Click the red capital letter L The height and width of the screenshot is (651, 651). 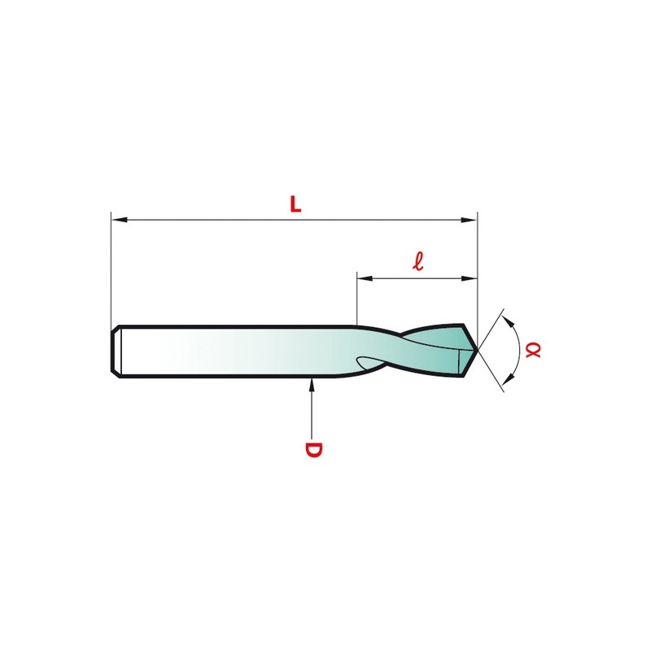pos(295,204)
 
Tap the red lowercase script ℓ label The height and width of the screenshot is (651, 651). pos(418,261)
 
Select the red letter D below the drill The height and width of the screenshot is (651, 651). pos(313,450)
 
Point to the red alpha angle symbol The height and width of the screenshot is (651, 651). pos(533,350)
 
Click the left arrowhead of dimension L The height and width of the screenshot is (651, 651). pos(119,219)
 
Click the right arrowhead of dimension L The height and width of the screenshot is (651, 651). pos(470,220)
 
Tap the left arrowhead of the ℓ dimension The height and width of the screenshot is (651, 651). pos(365,278)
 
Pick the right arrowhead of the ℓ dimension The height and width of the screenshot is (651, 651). pos(470,278)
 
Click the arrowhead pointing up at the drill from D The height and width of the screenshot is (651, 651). pos(312,385)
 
